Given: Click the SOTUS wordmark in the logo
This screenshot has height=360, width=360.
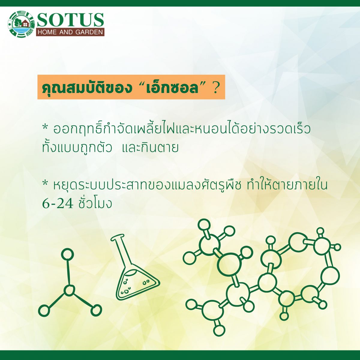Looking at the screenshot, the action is click(70, 20).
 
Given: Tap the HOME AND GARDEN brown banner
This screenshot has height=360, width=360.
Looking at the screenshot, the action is click(70, 32).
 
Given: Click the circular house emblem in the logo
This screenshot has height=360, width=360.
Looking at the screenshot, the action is click(22, 24).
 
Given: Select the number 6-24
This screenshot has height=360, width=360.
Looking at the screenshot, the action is click(58, 204).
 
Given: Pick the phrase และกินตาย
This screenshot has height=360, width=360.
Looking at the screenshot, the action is click(150, 148).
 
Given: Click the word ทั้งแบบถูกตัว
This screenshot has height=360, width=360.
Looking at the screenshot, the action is click(77, 147).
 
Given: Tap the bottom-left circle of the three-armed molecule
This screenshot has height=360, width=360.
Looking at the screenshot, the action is click(44, 310).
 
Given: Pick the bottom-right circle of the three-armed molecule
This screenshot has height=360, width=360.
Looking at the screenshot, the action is click(96, 310).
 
